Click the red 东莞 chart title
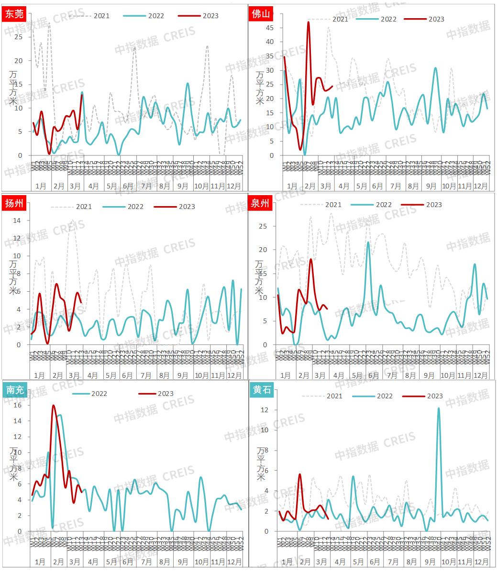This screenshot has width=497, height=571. click(13, 14)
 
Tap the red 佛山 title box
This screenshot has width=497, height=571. click(261, 14)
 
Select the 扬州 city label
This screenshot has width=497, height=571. click(13, 203)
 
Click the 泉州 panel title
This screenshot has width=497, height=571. click(261, 203)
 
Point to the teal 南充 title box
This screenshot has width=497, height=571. click(13, 390)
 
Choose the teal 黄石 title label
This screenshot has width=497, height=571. click(261, 390)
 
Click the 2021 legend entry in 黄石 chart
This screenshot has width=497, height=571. click(323, 396)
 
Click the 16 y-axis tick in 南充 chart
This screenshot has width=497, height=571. click(18, 405)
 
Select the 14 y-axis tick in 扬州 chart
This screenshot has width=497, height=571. click(18, 220)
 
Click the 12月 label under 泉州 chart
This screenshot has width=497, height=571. click(481, 375)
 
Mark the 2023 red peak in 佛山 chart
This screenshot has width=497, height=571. click(309, 22)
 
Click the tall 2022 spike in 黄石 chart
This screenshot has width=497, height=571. click(439, 408)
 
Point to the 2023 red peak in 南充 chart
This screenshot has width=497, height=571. click(53, 406)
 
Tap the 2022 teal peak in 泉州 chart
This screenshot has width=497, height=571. click(368, 242)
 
